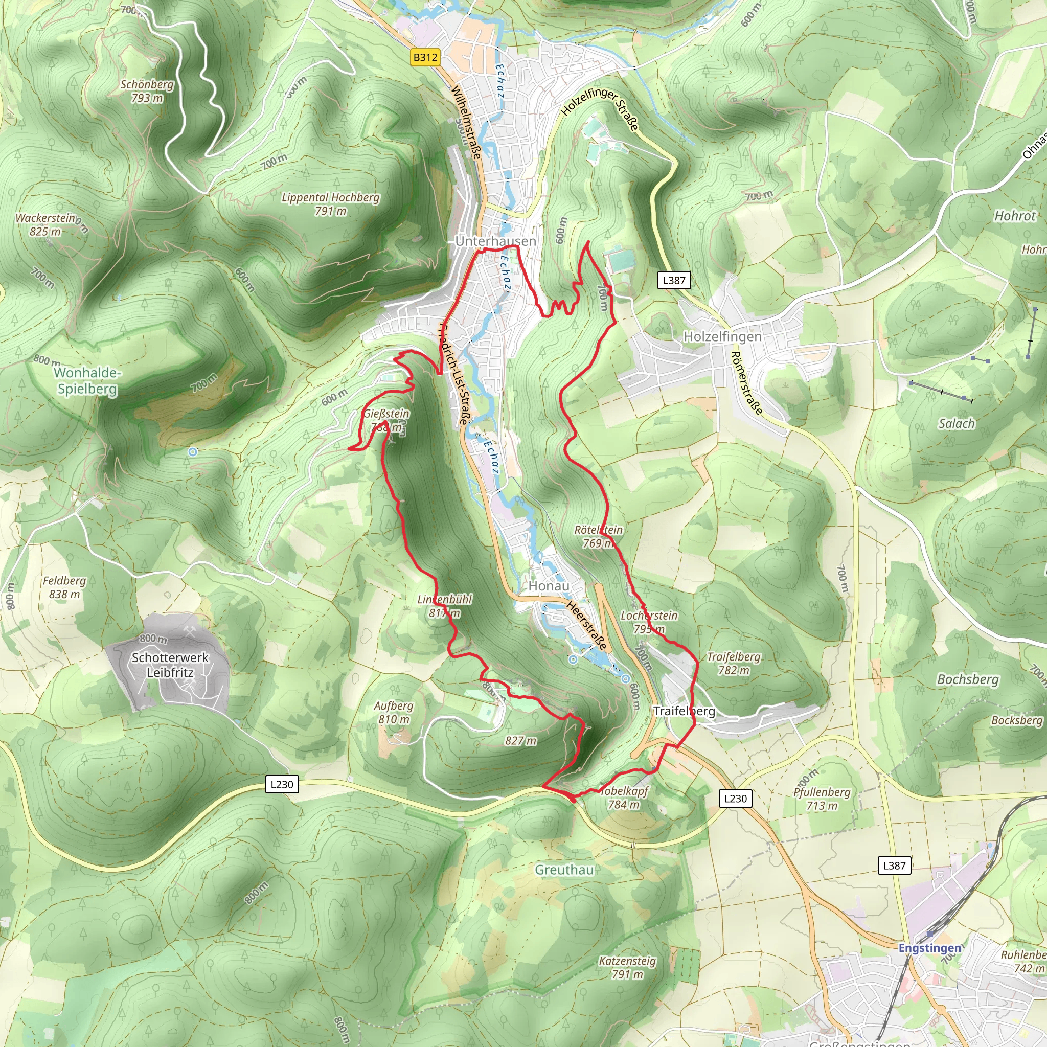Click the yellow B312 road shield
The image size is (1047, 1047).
425,57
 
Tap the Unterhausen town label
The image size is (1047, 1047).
495,241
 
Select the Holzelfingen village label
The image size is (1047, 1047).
722,336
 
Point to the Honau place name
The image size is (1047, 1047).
549,586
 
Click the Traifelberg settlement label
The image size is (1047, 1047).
684,711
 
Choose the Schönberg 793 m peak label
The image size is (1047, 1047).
147,91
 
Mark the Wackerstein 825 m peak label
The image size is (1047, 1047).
47,224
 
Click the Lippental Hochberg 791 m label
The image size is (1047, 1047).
331,204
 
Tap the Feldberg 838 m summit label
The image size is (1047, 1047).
64,587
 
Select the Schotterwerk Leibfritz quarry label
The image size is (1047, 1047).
170,665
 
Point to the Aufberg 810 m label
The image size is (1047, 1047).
394,713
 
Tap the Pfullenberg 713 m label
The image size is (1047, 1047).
822,799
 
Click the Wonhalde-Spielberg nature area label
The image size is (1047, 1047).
87,380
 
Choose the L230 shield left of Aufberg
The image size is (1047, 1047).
282,784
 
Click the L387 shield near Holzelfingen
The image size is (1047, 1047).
674,280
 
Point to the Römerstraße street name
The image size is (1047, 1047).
746,383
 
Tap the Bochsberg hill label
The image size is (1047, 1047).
968,679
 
